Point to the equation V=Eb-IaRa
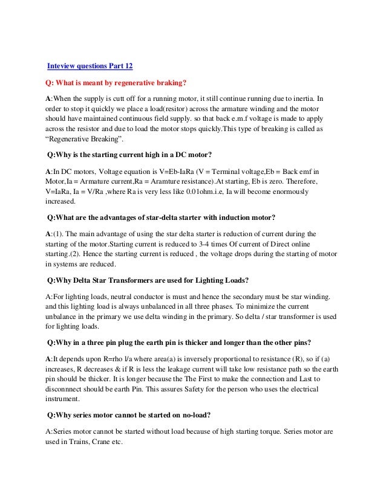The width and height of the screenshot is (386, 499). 178,171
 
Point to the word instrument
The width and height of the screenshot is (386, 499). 64,399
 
